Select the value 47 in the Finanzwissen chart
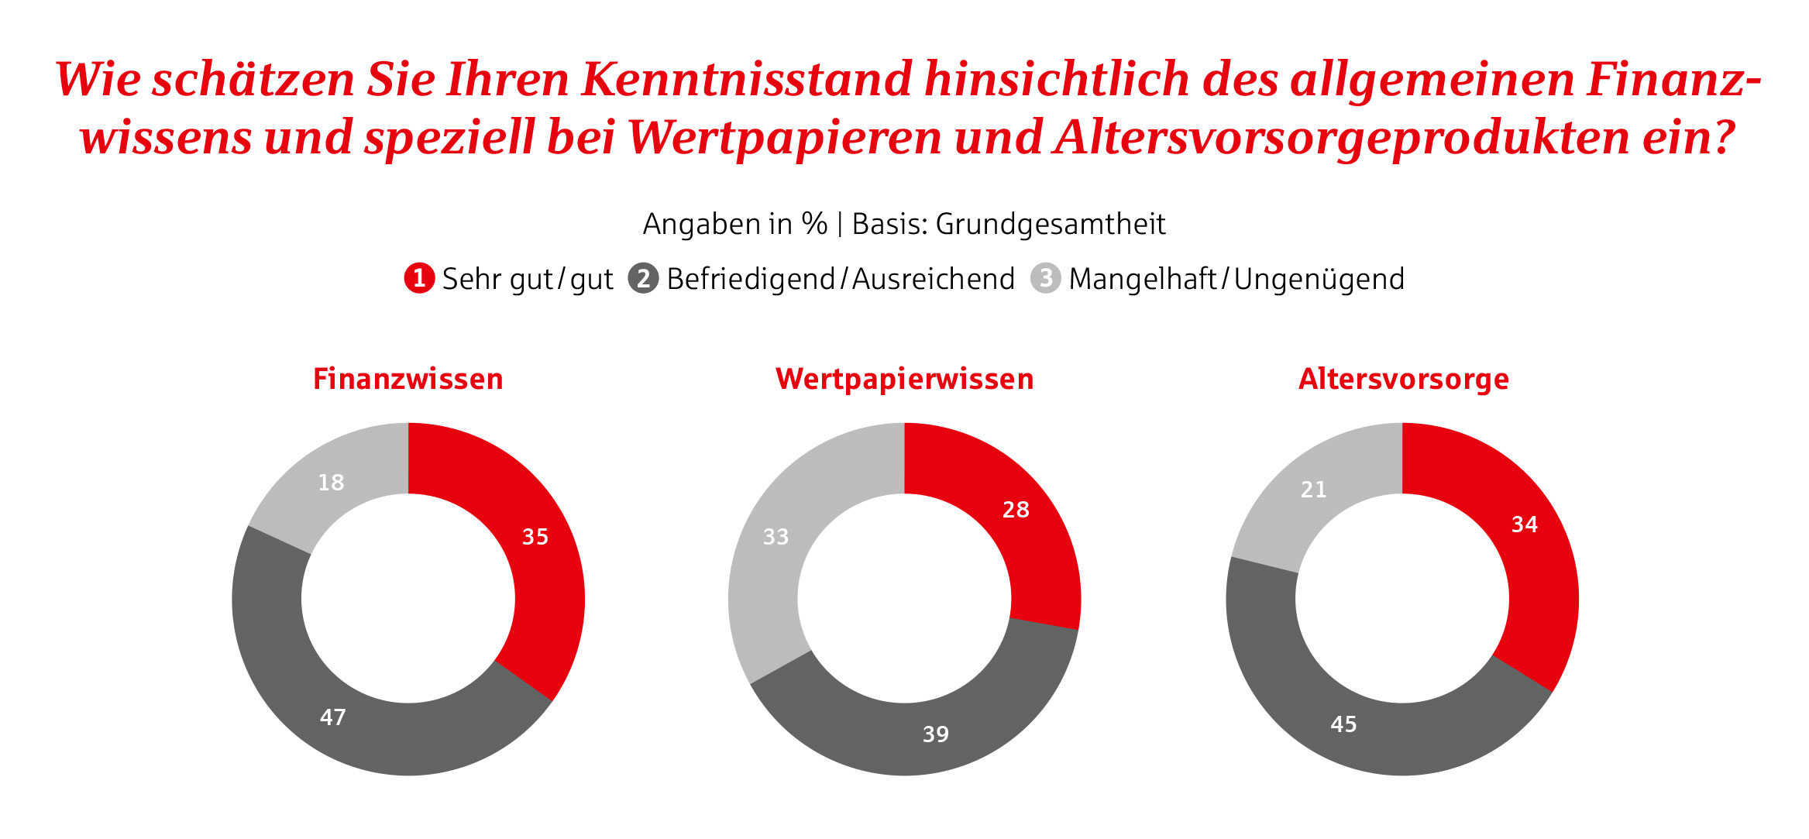click(x=333, y=717)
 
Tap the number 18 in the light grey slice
click(x=331, y=483)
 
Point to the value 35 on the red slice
click(x=535, y=537)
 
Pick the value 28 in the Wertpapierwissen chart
click(x=1016, y=510)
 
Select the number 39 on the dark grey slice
click(x=936, y=734)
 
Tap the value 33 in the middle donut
click(x=776, y=537)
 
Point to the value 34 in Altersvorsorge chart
click(x=1525, y=524)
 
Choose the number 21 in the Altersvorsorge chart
click(x=1313, y=490)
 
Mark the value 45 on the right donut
click(x=1343, y=724)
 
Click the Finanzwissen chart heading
click(x=408, y=379)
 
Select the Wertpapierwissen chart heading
click(x=904, y=379)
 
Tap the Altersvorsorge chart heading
click(x=1403, y=379)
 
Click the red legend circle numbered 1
click(x=419, y=278)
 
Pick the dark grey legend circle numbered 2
click(x=643, y=278)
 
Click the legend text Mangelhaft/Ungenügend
click(x=1236, y=279)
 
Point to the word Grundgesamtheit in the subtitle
click(x=1050, y=224)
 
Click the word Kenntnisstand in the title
click(x=746, y=79)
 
